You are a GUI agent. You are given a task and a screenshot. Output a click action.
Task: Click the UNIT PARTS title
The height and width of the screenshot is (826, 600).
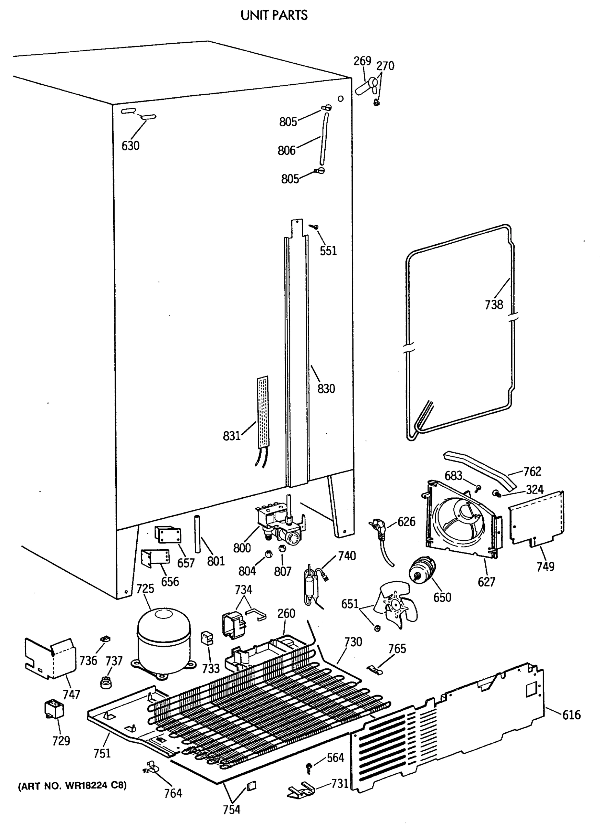[x=274, y=15]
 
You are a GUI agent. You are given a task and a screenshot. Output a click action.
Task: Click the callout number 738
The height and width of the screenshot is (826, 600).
[x=494, y=304]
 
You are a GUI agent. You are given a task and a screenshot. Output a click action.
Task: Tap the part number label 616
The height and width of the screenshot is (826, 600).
[x=571, y=715]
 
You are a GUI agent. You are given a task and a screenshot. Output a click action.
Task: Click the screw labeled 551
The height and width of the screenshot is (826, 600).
[x=314, y=227]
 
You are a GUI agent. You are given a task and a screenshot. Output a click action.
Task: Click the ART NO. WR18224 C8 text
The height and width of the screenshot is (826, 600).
[x=73, y=786]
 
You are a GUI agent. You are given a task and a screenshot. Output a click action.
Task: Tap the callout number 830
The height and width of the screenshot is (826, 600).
[x=326, y=389]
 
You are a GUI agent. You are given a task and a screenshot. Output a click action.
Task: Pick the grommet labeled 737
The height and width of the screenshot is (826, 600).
[x=106, y=681]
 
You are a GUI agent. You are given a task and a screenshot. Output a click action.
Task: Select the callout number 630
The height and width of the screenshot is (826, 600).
[x=130, y=146]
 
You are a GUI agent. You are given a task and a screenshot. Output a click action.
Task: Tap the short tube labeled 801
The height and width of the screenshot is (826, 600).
[x=198, y=534]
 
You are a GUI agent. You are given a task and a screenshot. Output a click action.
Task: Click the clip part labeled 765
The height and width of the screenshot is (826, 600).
[x=376, y=669]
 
